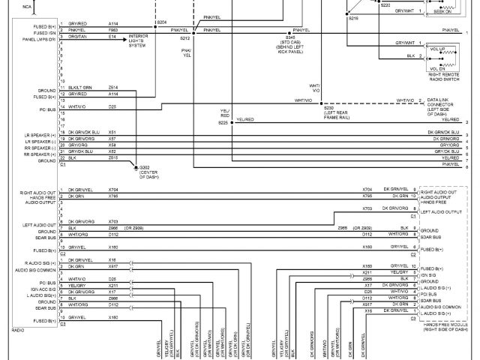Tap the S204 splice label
(x=162, y=23)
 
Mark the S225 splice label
(x=223, y=121)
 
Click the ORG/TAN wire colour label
(x=77, y=35)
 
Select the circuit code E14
(x=112, y=35)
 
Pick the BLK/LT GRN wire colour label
(x=80, y=87)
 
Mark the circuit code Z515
(x=112, y=158)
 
